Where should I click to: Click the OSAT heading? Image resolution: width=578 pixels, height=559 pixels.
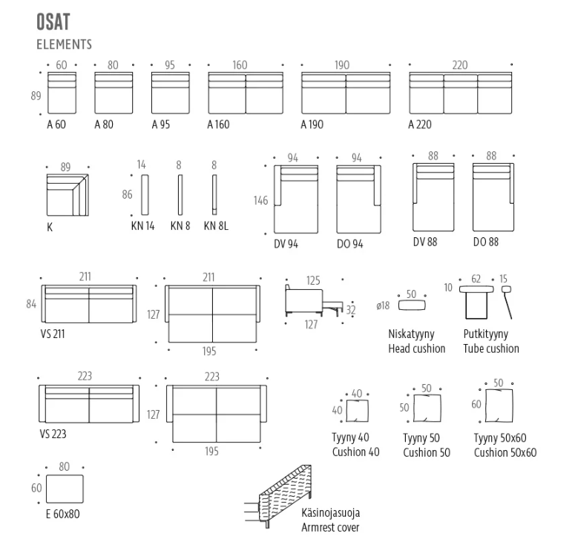click(x=53, y=21)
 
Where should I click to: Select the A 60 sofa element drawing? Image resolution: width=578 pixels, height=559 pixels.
click(x=62, y=93)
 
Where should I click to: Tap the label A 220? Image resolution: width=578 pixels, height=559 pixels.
click(x=419, y=125)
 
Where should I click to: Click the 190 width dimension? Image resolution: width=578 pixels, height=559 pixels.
click(x=342, y=65)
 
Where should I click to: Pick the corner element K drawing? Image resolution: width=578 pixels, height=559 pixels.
click(x=68, y=195)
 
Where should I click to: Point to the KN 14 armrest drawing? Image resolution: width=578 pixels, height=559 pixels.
click(x=145, y=195)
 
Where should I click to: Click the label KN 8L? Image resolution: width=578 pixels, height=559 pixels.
click(x=216, y=225)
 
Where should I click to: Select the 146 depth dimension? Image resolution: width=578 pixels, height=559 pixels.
click(x=260, y=200)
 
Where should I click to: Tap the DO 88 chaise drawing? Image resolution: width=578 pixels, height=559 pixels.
click(x=493, y=197)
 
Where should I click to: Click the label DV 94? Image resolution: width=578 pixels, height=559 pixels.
click(x=286, y=244)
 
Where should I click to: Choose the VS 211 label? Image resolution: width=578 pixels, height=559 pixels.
click(x=53, y=334)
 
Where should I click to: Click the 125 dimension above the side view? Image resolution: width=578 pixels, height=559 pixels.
click(x=313, y=280)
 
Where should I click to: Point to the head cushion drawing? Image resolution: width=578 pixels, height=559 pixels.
click(x=412, y=305)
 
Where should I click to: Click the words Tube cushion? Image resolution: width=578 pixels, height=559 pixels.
click(x=491, y=348)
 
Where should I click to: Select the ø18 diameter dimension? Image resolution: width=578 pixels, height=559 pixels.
click(x=383, y=305)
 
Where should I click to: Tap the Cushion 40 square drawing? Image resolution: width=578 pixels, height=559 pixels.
click(x=357, y=411)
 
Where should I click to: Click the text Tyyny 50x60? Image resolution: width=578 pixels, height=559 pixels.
click(x=500, y=438)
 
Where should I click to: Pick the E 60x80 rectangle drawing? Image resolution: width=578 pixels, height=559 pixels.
click(x=65, y=489)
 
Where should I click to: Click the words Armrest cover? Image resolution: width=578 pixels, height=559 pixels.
click(x=330, y=527)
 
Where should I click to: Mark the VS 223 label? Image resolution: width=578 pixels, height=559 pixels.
click(x=53, y=434)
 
